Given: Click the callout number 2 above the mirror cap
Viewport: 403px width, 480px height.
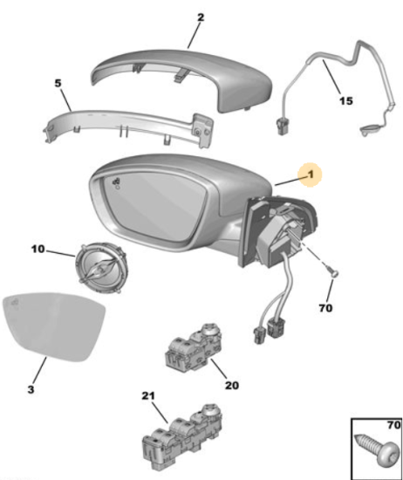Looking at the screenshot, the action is pyautogui.click(x=201, y=17).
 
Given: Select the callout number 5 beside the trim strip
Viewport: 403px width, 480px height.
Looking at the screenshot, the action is pyautogui.click(x=58, y=83).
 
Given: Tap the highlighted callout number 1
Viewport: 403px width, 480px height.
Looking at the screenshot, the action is pyautogui.click(x=311, y=175).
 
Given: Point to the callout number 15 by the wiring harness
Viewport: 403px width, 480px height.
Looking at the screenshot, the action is pyautogui.click(x=345, y=100).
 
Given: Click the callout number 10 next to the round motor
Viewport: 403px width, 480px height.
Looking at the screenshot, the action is pyautogui.click(x=38, y=250).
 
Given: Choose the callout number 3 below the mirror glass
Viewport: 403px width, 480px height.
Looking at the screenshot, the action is pyautogui.click(x=31, y=389).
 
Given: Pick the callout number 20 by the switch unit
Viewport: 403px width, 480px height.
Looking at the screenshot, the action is pyautogui.click(x=232, y=385).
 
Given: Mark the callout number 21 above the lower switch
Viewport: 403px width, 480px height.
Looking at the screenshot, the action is pyautogui.click(x=148, y=396).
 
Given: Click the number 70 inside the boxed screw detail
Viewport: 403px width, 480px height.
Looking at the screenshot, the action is pyautogui.click(x=393, y=425).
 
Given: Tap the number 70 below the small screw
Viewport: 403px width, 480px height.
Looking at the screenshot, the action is pyautogui.click(x=325, y=308).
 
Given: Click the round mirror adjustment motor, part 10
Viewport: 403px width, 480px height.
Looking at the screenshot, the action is pyautogui.click(x=101, y=267).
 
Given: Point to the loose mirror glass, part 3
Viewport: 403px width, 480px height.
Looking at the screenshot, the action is pyautogui.click(x=53, y=326).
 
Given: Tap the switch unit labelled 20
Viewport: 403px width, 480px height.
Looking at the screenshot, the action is pyautogui.click(x=193, y=346).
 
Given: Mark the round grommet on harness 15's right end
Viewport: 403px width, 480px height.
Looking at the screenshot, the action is pyautogui.click(x=370, y=130).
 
